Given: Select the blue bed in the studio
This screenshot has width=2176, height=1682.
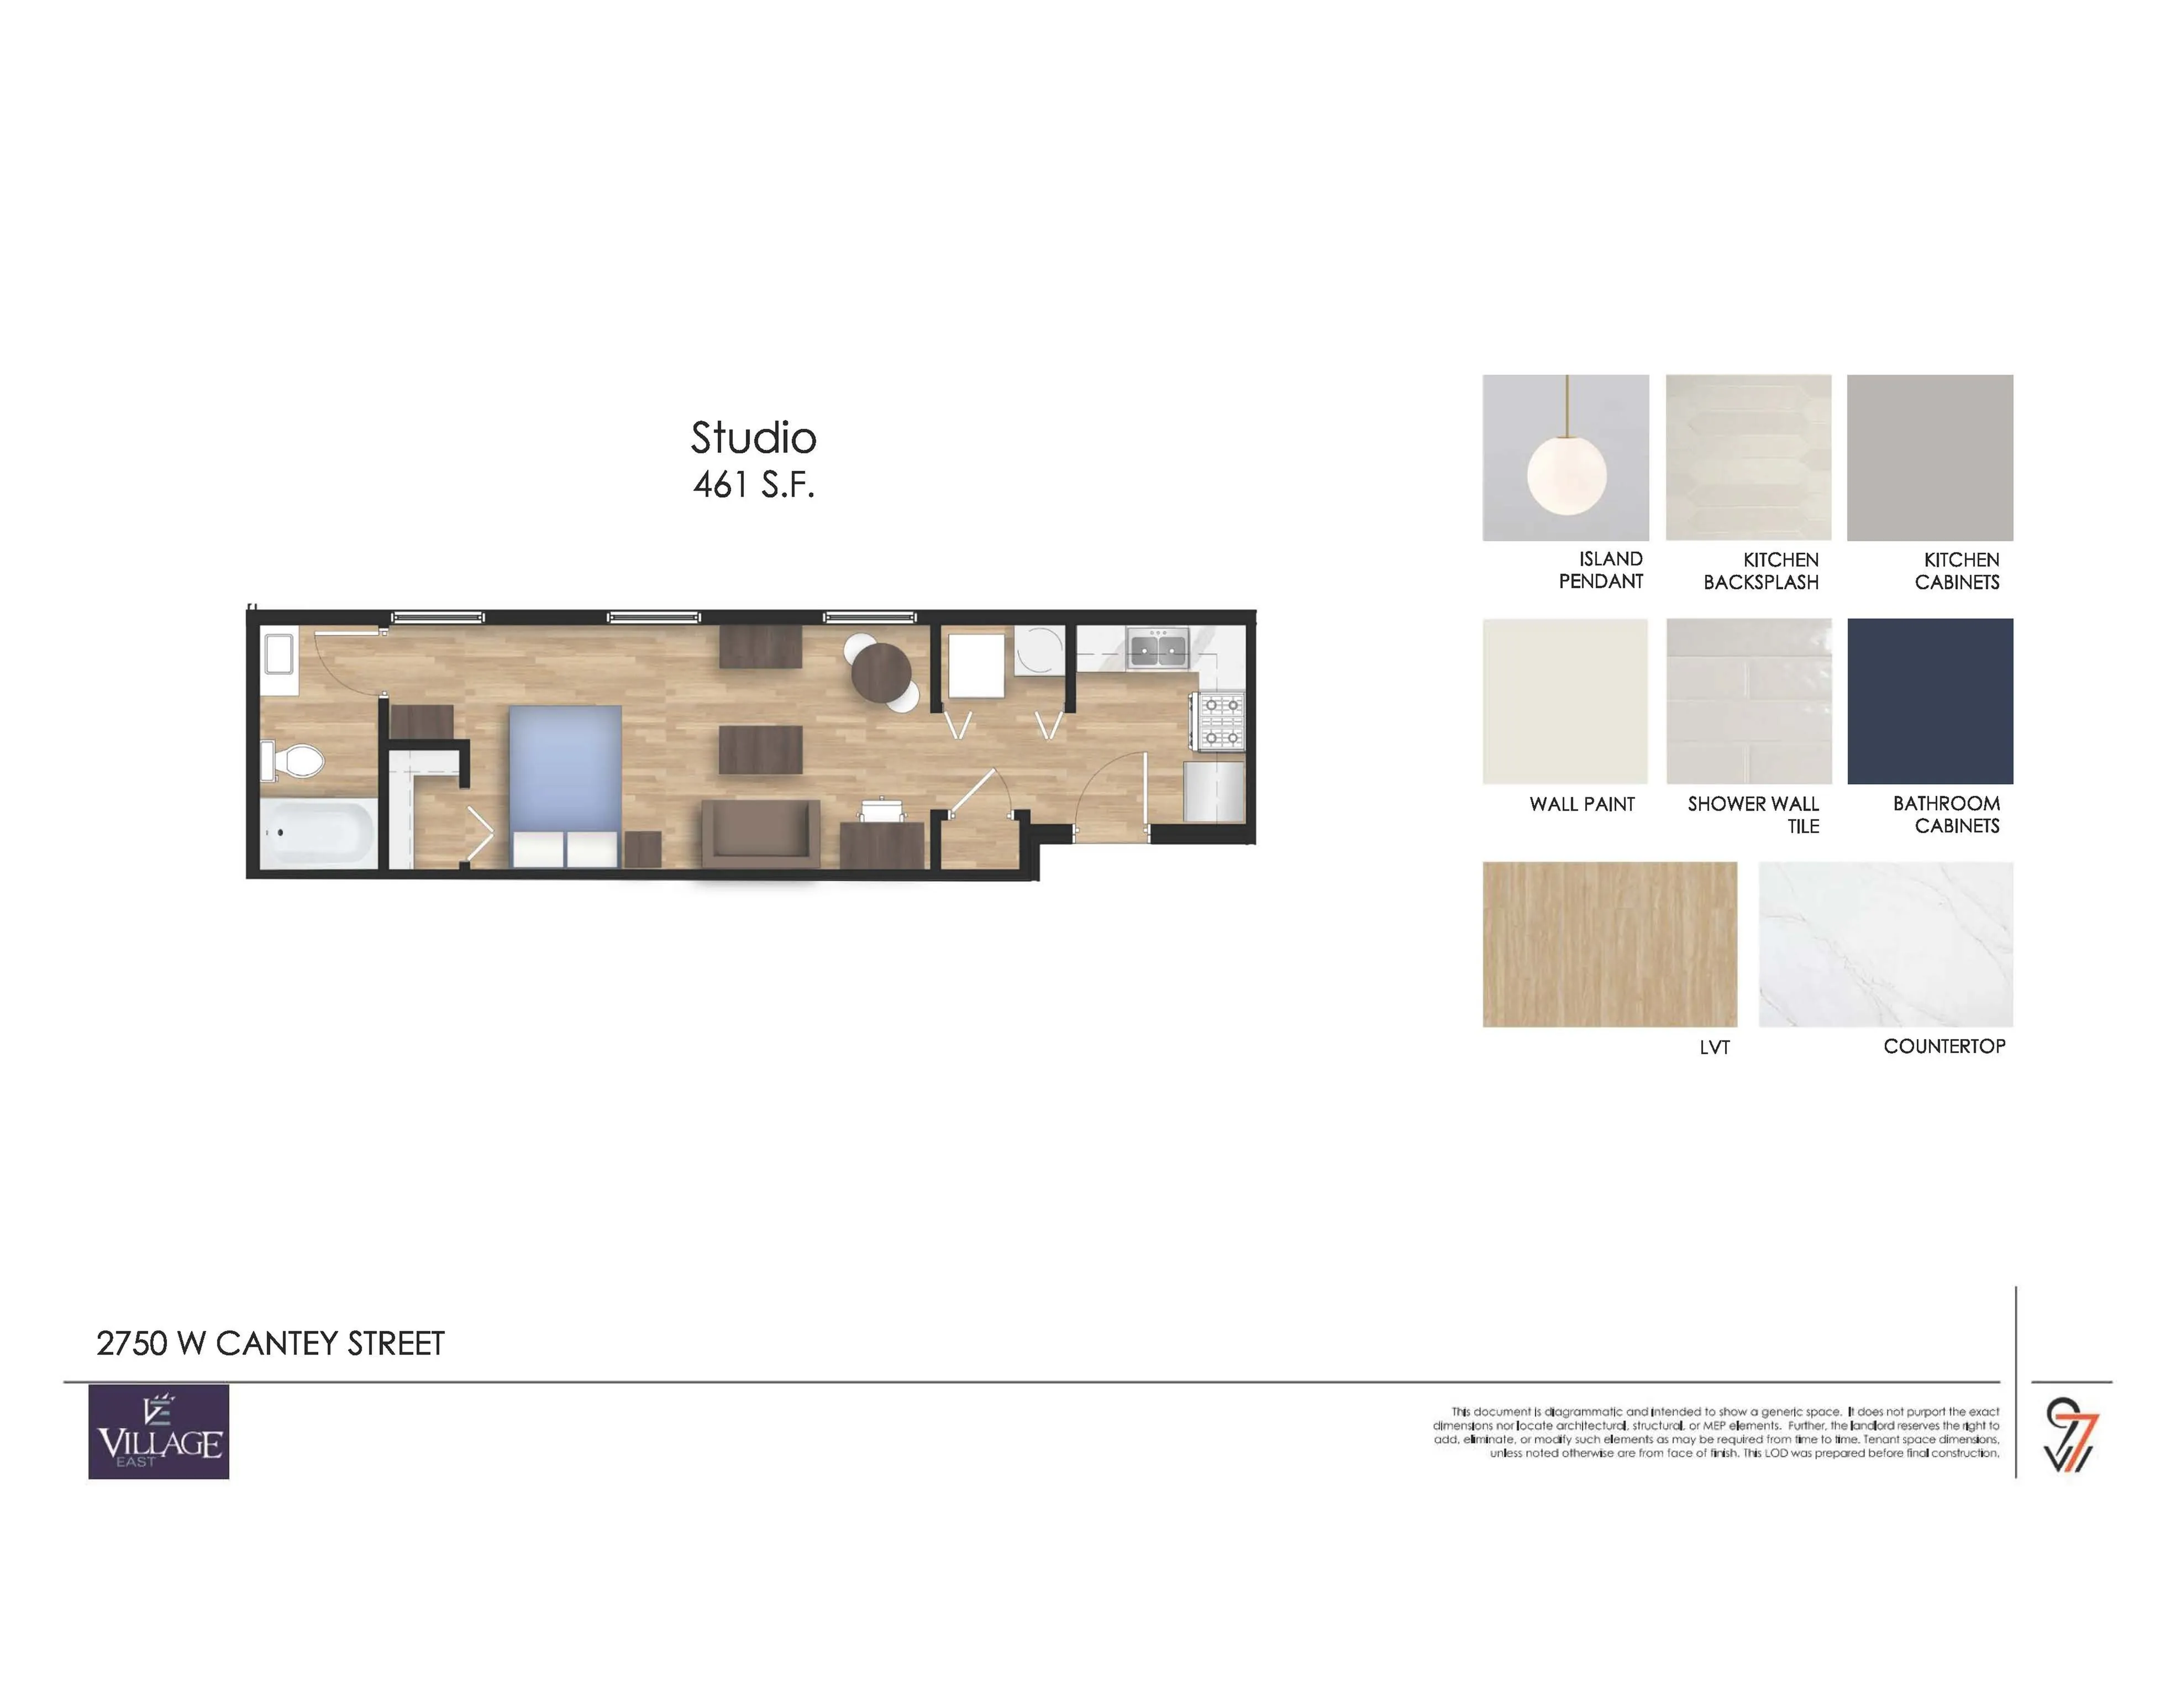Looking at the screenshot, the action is tap(565, 786).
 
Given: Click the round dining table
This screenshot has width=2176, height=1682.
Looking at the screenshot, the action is tap(881, 674).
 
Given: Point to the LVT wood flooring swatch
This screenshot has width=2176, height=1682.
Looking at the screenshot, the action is tap(1609, 944).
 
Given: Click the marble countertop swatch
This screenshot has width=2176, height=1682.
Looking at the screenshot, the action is tap(1885, 944).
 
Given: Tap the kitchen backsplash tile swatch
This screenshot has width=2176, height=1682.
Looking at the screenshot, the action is tap(1748, 457).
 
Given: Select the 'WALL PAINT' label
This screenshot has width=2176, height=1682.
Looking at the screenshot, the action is tap(1582, 804).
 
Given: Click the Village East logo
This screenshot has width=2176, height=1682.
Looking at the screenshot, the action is tap(159, 1431).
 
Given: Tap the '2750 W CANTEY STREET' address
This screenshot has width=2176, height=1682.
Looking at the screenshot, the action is tap(270, 1343).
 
